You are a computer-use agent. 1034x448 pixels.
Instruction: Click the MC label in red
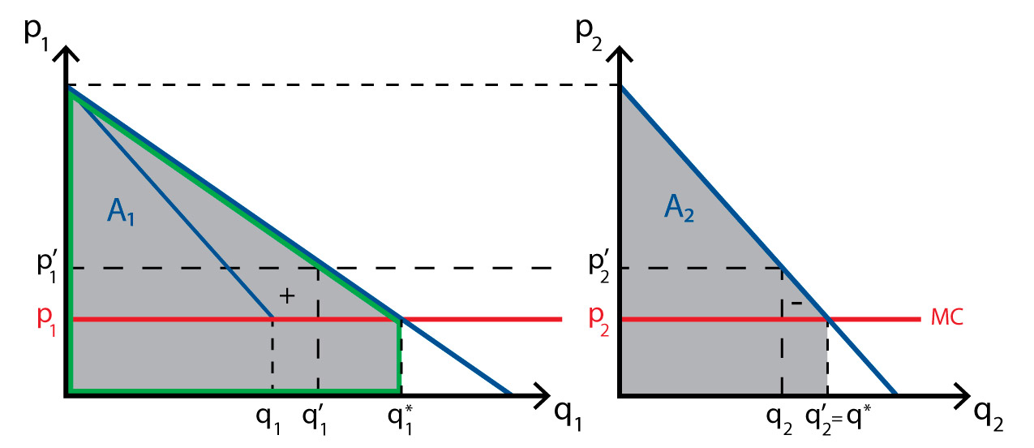[946, 318]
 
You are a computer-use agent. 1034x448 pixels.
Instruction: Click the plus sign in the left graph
[285, 296]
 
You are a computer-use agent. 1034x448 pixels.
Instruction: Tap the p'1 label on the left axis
[47, 266]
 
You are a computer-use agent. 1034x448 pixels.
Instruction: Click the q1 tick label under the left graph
[271, 420]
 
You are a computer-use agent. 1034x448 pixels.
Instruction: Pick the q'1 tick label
[316, 420]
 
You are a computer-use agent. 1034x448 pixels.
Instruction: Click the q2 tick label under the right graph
[781, 420]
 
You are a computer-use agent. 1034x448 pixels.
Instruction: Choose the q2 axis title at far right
[989, 416]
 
